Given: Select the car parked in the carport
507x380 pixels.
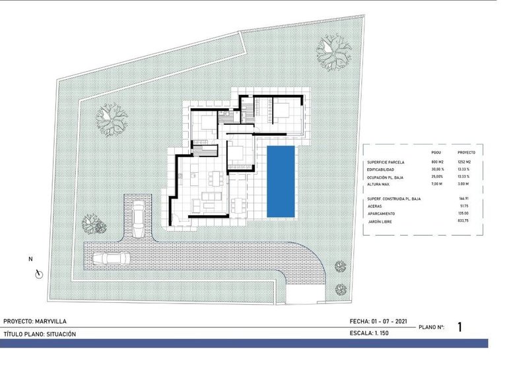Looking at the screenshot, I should [138, 219].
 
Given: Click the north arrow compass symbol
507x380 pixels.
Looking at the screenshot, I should [39, 272].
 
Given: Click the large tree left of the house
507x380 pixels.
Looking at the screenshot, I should [111, 119].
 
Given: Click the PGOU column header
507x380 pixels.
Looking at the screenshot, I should [436, 152].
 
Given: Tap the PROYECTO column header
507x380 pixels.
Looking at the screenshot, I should [466, 152].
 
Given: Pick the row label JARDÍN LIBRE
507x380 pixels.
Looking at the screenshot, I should [383, 222].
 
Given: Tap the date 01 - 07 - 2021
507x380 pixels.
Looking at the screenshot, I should [389, 322].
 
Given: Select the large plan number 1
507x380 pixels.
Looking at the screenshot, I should [460, 327].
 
